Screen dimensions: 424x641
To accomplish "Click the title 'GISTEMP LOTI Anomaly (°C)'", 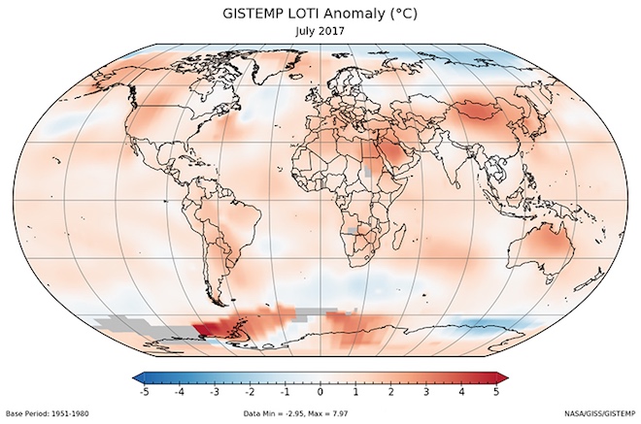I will (320, 13).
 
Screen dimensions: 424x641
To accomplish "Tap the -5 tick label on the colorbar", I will (144, 392).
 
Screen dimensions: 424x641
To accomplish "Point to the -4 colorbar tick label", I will (179, 392).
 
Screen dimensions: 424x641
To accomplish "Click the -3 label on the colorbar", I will (214, 392).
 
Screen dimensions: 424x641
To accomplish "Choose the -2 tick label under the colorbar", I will (250, 392).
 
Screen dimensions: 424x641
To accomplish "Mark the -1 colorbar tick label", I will (285, 392).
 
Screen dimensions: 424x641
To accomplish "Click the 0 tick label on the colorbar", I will (320, 392).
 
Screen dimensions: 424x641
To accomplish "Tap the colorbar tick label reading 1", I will (355, 392).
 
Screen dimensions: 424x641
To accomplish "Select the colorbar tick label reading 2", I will (390, 392).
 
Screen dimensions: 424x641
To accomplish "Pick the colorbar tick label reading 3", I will (426, 392).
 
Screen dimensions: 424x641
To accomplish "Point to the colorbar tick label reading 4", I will (461, 392).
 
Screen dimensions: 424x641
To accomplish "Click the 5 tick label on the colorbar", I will (496, 392).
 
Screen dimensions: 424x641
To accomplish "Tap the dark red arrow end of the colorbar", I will (502, 376).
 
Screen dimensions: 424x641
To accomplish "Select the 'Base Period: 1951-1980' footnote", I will (50, 414).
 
